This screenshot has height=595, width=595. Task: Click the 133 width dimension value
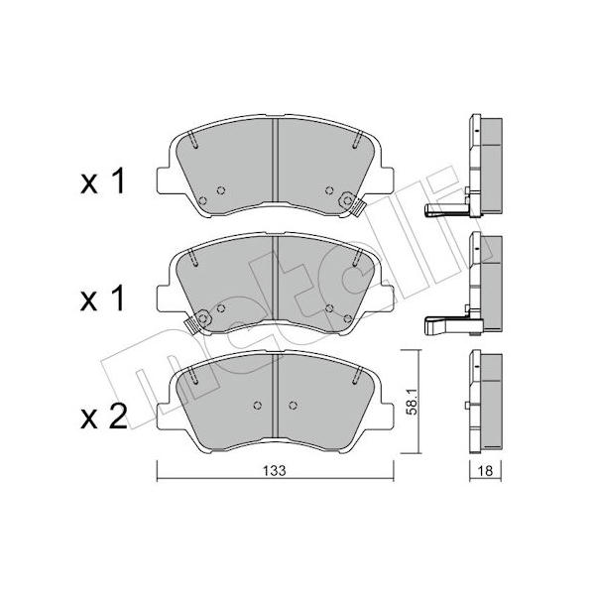(275, 470)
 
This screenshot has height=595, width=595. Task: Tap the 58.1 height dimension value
(411, 403)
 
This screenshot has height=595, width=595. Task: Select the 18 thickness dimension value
(485, 471)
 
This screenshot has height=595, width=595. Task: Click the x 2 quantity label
(103, 416)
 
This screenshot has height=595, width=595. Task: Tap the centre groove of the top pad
(276, 161)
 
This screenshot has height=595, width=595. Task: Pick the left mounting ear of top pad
(165, 180)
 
